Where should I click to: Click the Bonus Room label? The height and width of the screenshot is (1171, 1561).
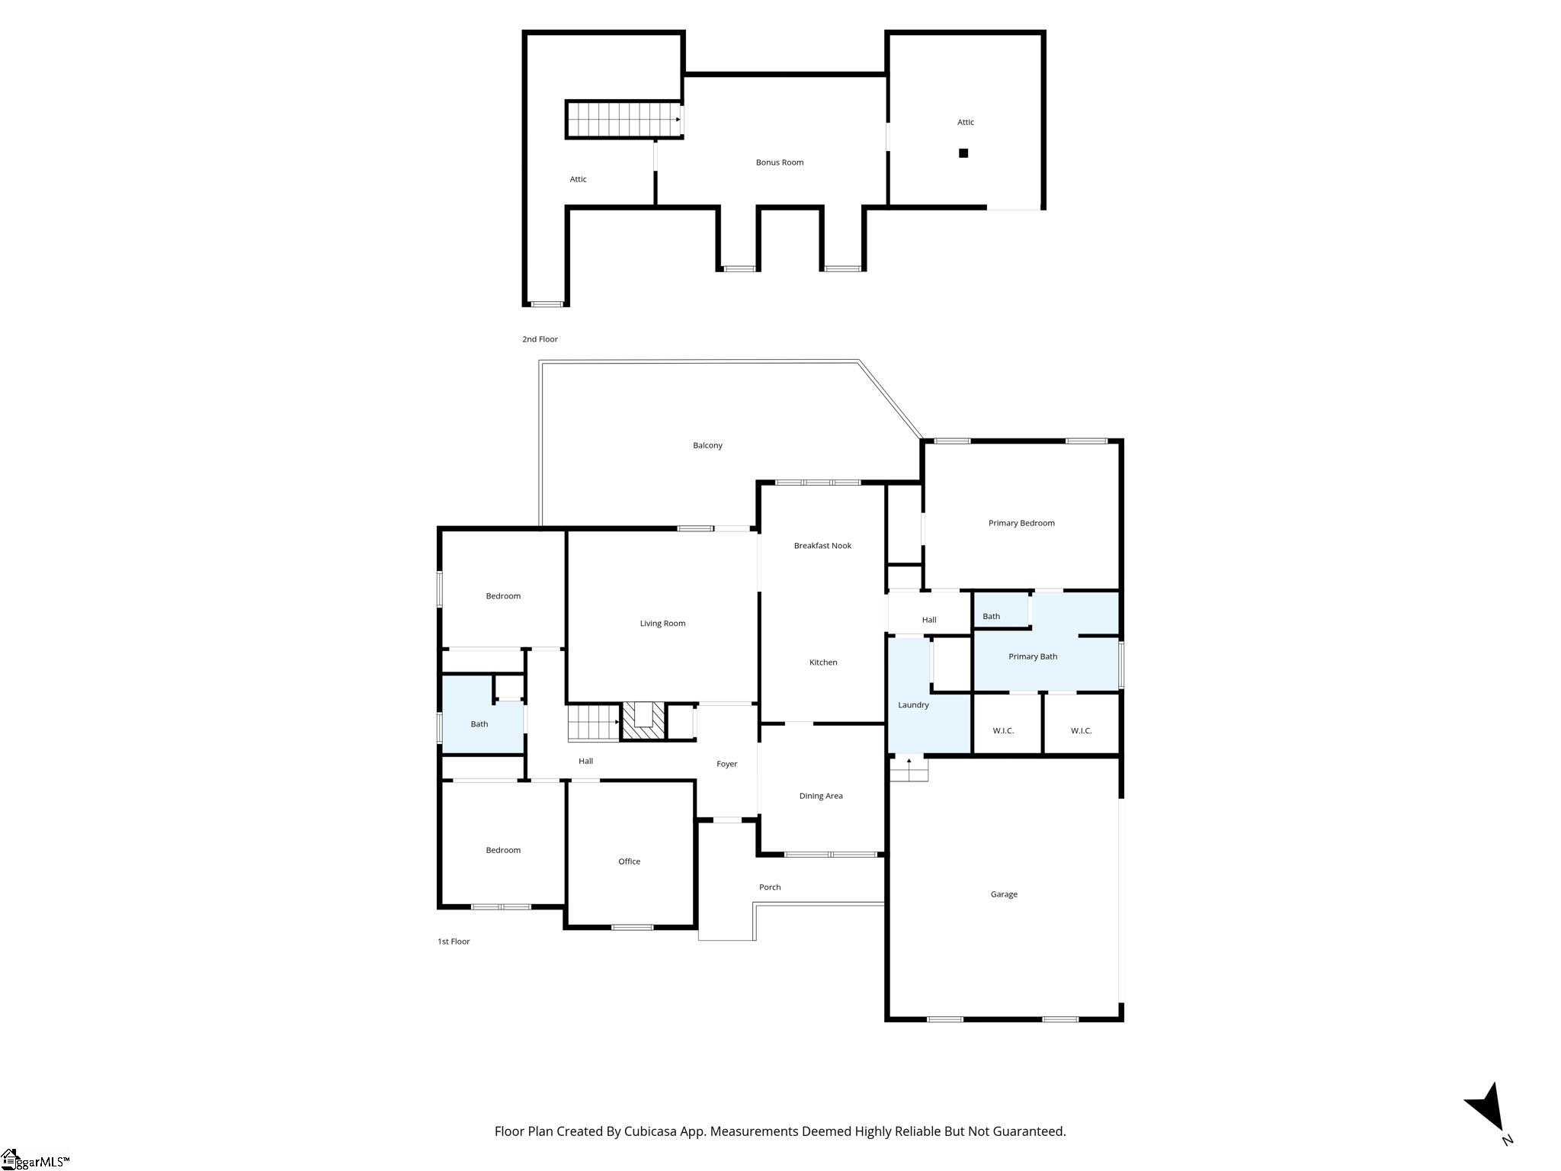[780, 162]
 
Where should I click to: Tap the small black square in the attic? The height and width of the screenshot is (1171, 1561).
[963, 153]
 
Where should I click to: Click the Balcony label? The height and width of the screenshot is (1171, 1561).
[707, 445]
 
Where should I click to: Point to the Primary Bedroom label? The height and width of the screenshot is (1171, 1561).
[1021, 523]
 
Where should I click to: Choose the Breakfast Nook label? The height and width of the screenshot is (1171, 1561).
[822, 546]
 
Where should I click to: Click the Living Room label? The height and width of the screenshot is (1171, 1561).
[662, 624]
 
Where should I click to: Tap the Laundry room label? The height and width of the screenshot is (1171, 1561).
[913, 705]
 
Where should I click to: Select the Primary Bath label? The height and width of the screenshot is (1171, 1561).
[1033, 656]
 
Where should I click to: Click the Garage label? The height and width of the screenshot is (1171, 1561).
[1004, 894]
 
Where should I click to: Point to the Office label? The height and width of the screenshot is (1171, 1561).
[629, 861]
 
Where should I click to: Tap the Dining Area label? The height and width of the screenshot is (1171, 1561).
[821, 796]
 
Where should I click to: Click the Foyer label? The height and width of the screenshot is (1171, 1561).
[726, 764]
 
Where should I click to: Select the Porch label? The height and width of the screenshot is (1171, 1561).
[770, 887]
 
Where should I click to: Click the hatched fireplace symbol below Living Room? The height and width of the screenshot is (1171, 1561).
[644, 720]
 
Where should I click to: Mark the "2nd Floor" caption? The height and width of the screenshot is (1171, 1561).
[540, 339]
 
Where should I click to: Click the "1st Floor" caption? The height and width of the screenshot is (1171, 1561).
[454, 942]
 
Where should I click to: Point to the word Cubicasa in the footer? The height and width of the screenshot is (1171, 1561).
[652, 1131]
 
